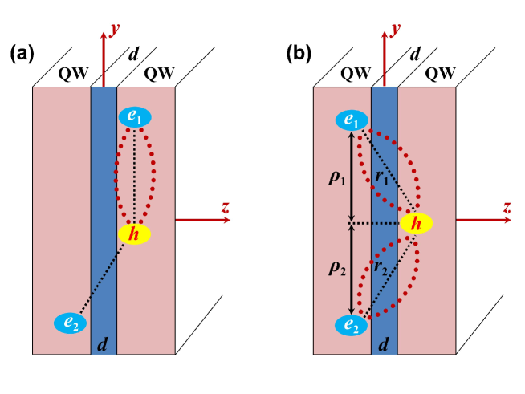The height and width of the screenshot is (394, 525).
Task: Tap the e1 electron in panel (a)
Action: click(136, 116)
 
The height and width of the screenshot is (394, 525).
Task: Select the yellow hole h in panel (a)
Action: click(134, 234)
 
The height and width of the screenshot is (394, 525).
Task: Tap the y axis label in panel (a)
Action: click(116, 30)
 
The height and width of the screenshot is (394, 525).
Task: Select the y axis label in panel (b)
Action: click(396, 30)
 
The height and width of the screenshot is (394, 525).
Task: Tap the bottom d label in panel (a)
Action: click(103, 346)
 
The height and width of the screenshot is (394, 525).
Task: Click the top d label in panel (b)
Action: click(414, 55)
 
